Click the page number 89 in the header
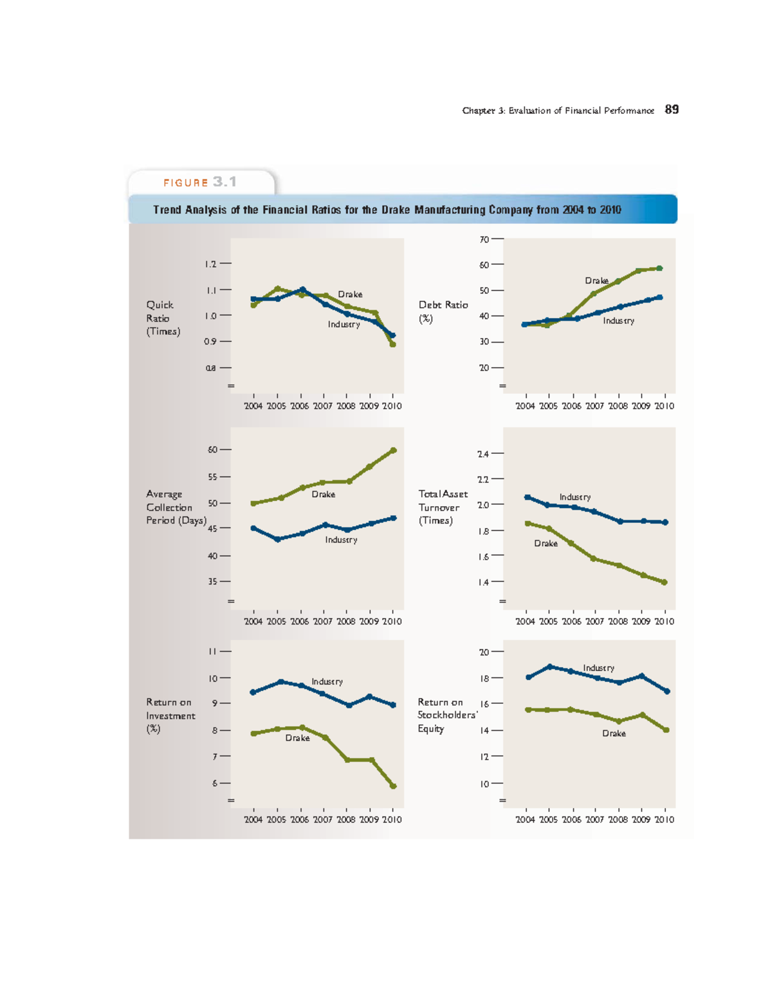click(x=672, y=109)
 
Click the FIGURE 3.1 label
click(x=200, y=182)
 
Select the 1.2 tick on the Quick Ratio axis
click(x=211, y=263)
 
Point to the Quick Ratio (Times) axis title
click(x=163, y=318)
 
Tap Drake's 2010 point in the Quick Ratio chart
click(x=392, y=344)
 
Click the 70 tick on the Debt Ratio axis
click(x=484, y=239)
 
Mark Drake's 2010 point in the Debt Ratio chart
click(x=659, y=268)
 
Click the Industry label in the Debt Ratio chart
click(x=618, y=321)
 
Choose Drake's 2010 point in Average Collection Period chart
click(x=394, y=450)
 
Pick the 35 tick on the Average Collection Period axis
click(x=213, y=581)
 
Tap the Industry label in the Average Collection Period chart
click(x=341, y=540)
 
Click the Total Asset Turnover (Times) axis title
click(x=443, y=507)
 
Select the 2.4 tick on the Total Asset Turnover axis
click(x=483, y=454)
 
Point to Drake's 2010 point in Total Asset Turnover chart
click(x=665, y=582)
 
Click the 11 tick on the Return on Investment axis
click(x=212, y=651)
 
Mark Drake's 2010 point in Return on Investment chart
click(x=393, y=786)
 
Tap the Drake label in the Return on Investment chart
click(x=297, y=738)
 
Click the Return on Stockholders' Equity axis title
click(x=446, y=715)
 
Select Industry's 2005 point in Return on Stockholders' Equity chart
click(x=549, y=666)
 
